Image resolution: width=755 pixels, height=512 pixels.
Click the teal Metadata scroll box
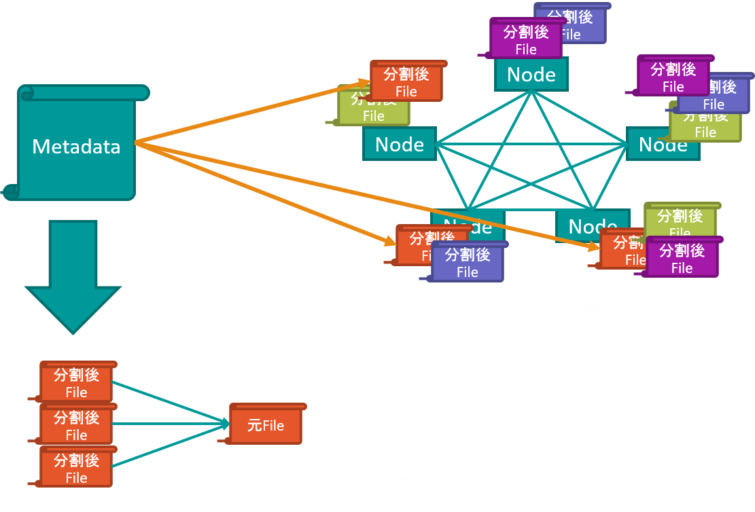[76, 145]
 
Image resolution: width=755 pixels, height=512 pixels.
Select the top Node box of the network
[531, 75]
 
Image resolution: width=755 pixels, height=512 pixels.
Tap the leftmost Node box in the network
[399, 145]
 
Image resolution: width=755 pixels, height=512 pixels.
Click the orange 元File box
[265, 426]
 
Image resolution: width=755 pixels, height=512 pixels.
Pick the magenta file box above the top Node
[526, 39]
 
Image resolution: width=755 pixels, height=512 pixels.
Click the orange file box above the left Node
[406, 81]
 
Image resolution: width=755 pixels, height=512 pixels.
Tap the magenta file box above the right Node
[673, 77]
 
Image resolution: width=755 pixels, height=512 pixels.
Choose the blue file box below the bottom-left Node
[468, 263]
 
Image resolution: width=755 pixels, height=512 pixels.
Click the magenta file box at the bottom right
[682, 259]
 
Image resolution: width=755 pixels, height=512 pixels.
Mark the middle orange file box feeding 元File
[76, 425]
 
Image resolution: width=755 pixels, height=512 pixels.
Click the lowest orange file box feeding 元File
[76, 468]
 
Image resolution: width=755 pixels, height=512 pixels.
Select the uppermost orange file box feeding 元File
[76, 382]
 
